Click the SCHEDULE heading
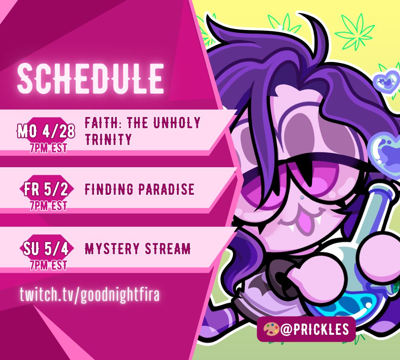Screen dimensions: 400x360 coord(90,78)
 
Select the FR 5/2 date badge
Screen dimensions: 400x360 coord(46,189)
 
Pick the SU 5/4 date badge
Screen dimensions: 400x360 coord(46,249)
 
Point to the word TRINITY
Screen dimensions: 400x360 coord(108,139)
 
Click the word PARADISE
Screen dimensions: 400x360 coord(166,189)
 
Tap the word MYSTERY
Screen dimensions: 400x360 coord(112,249)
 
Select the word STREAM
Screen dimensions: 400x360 coord(168,249)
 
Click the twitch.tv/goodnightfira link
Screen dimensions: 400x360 coord(90,294)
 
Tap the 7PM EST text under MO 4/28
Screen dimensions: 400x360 coord(48,148)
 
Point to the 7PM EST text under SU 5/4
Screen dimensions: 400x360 coord(48,265)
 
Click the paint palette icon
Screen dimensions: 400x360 coord(271,329)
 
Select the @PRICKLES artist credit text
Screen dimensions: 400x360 coord(314,329)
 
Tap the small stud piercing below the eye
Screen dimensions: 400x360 coord(302,197)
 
